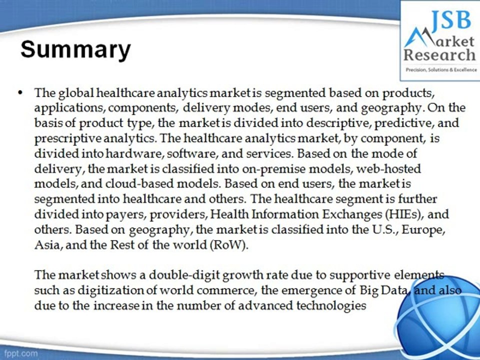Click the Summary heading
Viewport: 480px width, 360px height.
click(x=75, y=50)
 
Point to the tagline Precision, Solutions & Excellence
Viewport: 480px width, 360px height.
click(x=440, y=69)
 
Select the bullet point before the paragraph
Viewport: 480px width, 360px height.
click(x=20, y=93)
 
